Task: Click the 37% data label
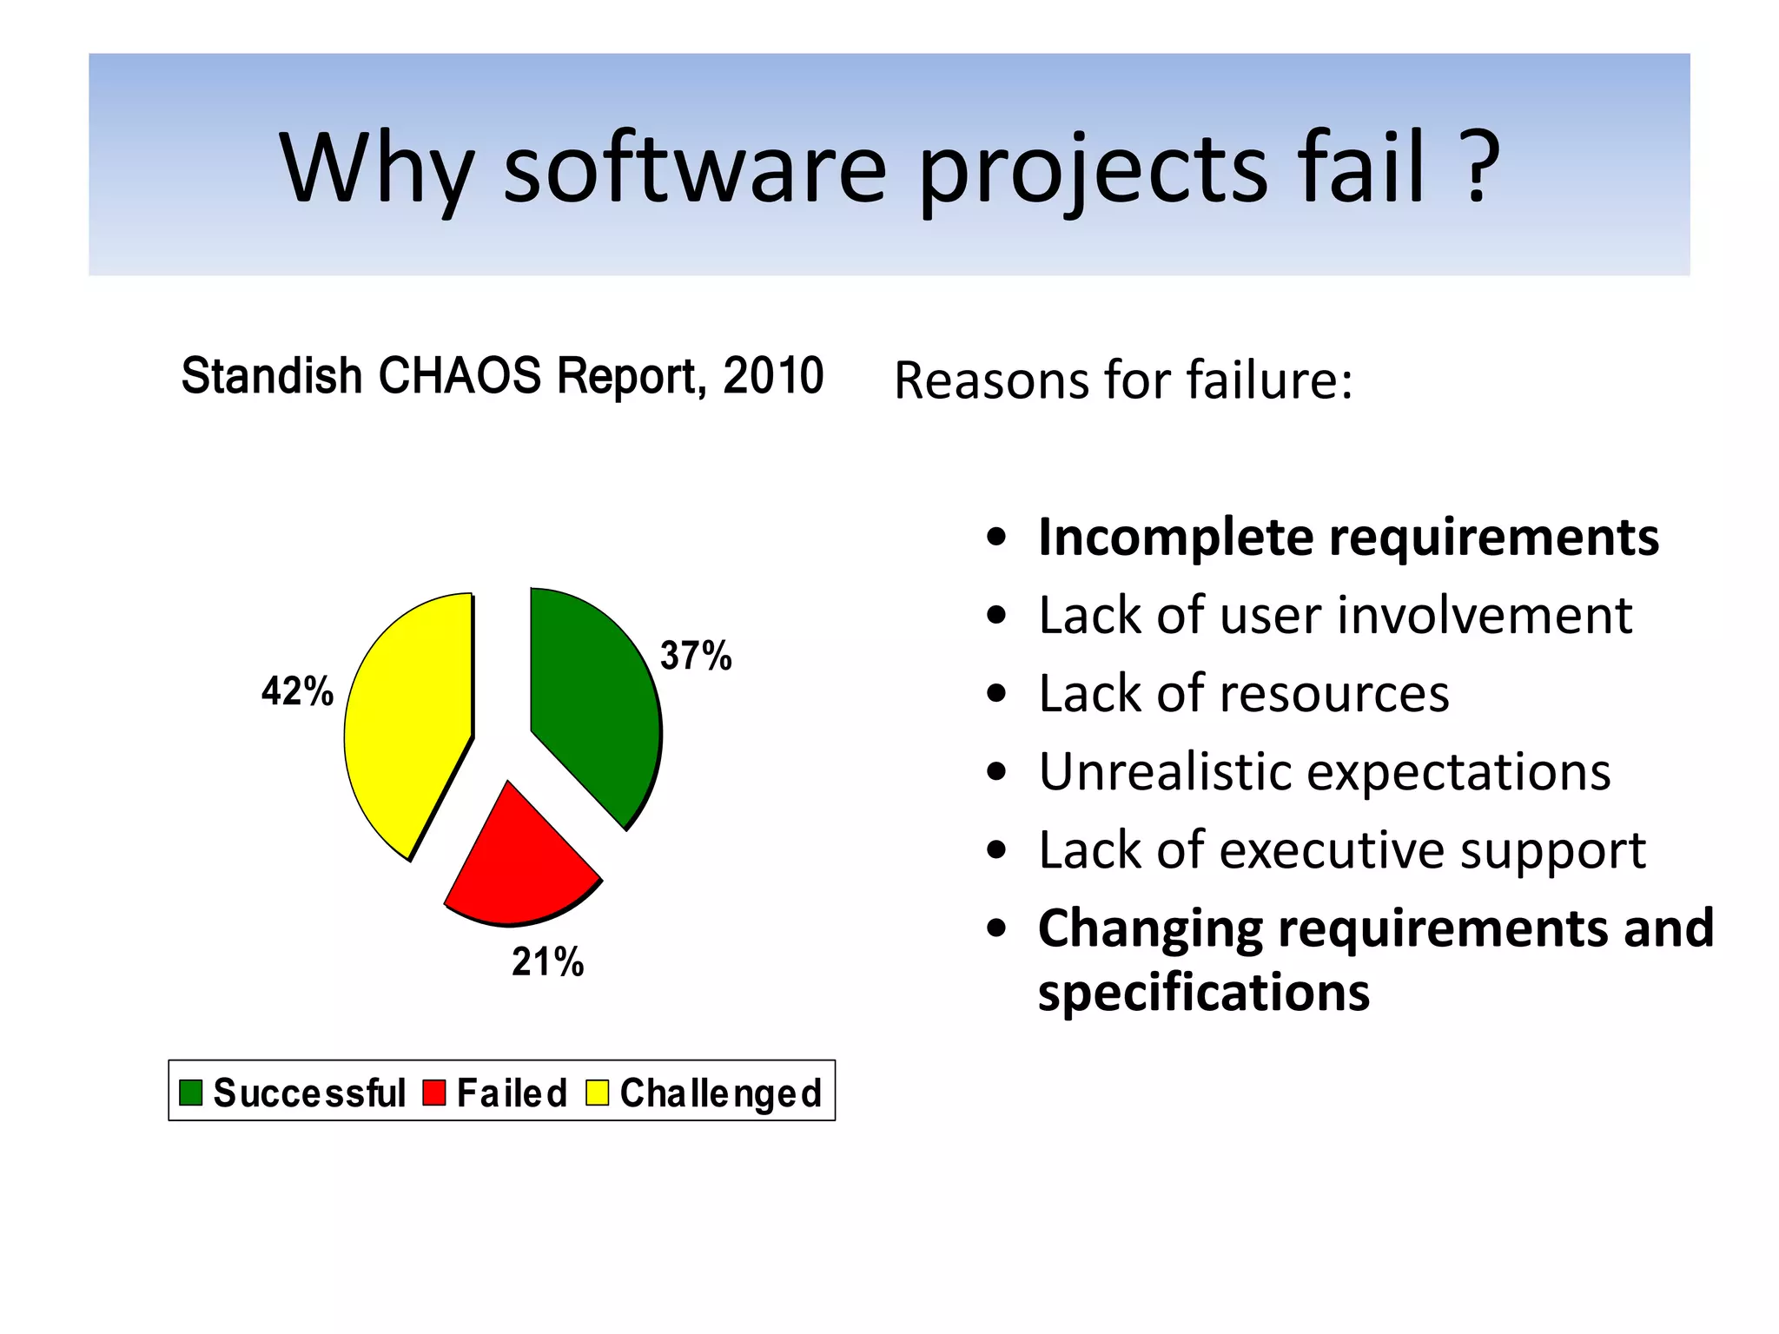pos(696,656)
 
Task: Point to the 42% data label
pos(297,691)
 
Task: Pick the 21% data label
pos(547,962)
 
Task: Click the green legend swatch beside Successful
pos(190,1093)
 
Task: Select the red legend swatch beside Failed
pos(434,1093)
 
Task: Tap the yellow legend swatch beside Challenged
pos(598,1093)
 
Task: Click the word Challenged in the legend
pos(721,1093)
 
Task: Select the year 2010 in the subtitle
pos(773,376)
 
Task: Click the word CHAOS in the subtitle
pos(460,376)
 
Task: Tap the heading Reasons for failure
pos(1123,380)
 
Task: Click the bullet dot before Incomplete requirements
pos(996,538)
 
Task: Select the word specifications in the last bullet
pos(1204,992)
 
